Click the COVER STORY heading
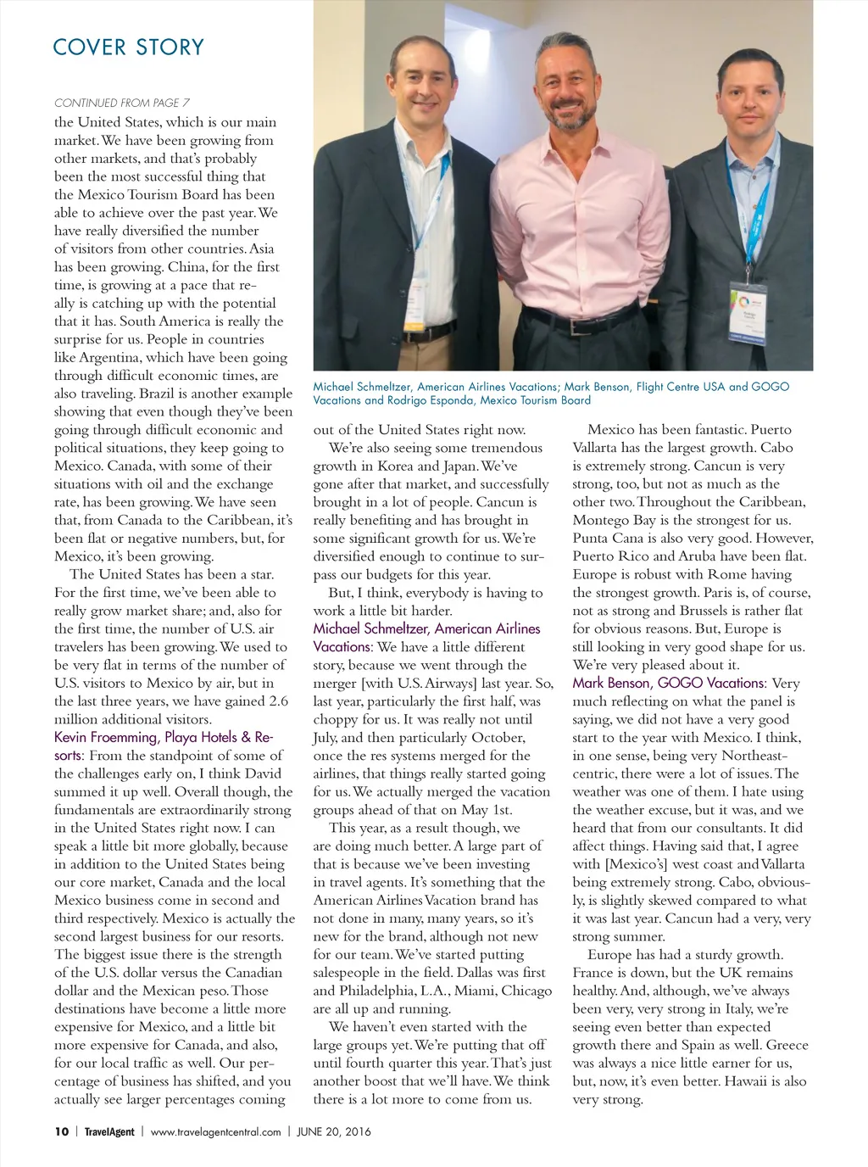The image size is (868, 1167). point(128,47)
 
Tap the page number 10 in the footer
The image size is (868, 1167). point(61,1131)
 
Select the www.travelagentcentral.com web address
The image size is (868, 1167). point(215,1131)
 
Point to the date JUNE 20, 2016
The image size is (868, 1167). point(333,1131)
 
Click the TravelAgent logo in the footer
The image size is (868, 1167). point(109,1131)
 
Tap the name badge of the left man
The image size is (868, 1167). point(413,312)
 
